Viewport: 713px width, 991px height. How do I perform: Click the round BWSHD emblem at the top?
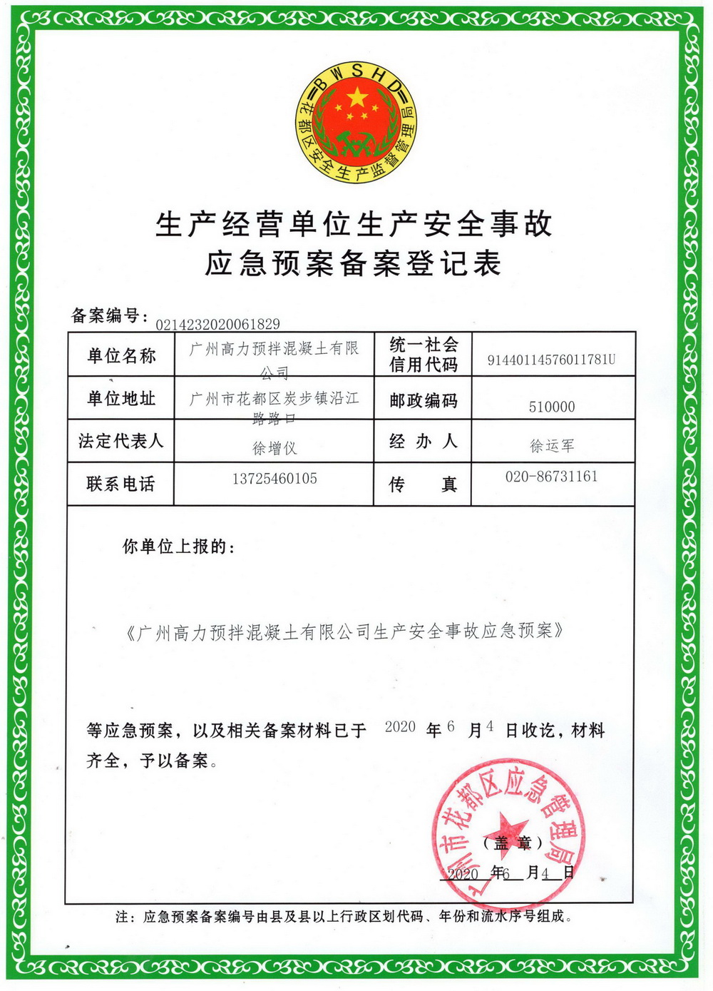pyautogui.click(x=356, y=121)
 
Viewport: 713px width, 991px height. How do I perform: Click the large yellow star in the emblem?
pyautogui.click(x=356, y=96)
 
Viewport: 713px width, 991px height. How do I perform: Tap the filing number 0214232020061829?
pyautogui.click(x=217, y=325)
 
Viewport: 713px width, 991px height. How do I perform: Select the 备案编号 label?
pyautogui.click(x=109, y=315)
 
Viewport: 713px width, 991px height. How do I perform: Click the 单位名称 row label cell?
pyautogui.click(x=121, y=355)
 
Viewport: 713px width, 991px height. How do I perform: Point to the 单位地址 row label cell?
pyautogui.click(x=121, y=398)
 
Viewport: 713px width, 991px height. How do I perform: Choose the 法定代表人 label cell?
pyautogui.click(x=121, y=441)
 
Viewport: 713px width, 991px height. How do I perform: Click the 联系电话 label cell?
pyautogui.click(x=121, y=484)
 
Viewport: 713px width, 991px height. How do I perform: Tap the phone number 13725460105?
pyautogui.click(x=275, y=479)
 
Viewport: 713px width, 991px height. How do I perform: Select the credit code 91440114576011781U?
pyautogui.click(x=551, y=360)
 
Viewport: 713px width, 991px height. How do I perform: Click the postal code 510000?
pyautogui.click(x=552, y=407)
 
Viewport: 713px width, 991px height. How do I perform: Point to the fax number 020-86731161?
pyautogui.click(x=552, y=477)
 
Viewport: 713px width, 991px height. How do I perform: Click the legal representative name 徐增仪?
pyautogui.click(x=275, y=448)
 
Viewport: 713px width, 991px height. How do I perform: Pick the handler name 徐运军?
pyautogui.click(x=552, y=446)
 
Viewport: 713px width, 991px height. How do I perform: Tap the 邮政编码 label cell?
pyautogui.click(x=423, y=400)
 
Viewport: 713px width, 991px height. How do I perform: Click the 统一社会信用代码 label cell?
pyautogui.click(x=423, y=355)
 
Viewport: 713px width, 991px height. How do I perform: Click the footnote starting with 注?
pyautogui.click(x=344, y=917)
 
